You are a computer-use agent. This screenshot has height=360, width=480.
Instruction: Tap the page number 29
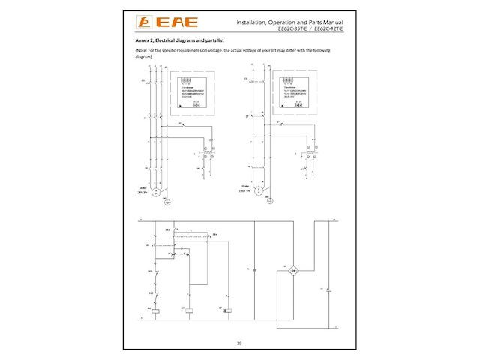[239, 343]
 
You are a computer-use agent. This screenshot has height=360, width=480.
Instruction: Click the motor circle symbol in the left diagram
[156, 192]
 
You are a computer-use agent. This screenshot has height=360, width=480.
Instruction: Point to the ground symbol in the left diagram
[168, 202]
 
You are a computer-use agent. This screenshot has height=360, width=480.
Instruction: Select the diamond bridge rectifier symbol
[295, 269]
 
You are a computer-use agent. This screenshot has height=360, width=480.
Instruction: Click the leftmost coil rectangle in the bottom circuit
[157, 308]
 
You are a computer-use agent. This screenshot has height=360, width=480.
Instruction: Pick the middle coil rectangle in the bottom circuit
[190, 308]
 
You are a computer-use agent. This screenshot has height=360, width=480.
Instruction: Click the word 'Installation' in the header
[253, 22]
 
